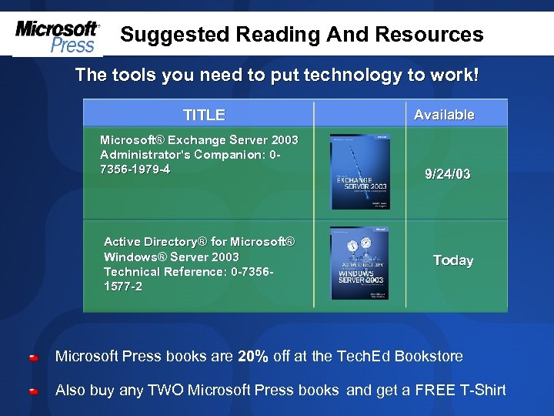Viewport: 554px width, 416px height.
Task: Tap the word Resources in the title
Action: [429, 35]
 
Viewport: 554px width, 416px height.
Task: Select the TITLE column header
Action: [204, 115]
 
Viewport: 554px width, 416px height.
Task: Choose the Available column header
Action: [444, 115]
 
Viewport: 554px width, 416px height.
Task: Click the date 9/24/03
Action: [448, 174]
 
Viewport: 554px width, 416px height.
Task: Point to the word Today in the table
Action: [453, 260]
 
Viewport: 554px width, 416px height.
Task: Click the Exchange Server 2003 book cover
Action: [359, 172]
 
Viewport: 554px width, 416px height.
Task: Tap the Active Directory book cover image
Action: [359, 263]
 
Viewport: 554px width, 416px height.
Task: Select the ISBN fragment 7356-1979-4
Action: [135, 169]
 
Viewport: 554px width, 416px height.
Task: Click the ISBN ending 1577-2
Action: [123, 287]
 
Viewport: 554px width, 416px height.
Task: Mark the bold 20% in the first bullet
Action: [253, 356]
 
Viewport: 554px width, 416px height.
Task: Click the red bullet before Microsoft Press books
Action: [34, 357]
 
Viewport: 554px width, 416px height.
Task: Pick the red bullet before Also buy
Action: [34, 391]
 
